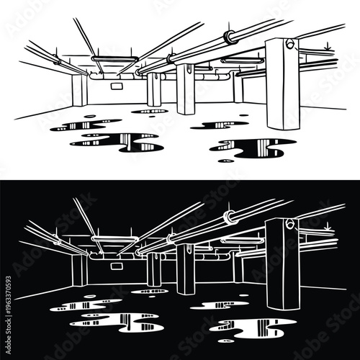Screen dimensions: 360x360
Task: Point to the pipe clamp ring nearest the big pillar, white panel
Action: pos(228,36)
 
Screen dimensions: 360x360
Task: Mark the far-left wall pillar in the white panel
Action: pos(79,89)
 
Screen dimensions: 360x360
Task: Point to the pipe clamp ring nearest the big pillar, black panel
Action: pos(228,216)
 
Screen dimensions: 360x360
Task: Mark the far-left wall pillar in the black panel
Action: pos(79,269)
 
